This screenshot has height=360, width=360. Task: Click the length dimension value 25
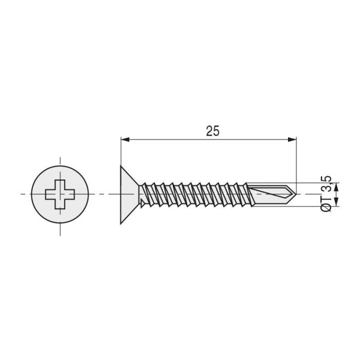pos(212,131)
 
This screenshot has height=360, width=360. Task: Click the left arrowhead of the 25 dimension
pos(124,139)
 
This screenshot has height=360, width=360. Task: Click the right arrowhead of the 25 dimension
pos(293,139)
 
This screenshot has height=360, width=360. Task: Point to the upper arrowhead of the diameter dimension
pos(337,186)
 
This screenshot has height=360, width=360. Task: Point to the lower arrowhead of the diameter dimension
pos(337,203)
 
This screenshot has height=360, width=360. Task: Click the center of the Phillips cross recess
pos(60,194)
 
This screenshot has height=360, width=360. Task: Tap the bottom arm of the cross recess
pos(60,204)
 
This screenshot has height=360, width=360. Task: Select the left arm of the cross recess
pos(50,194)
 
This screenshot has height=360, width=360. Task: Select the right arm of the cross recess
pos(70,194)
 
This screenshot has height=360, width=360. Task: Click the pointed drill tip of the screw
pos(295,194)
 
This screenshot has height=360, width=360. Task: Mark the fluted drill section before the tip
pos(270,194)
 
